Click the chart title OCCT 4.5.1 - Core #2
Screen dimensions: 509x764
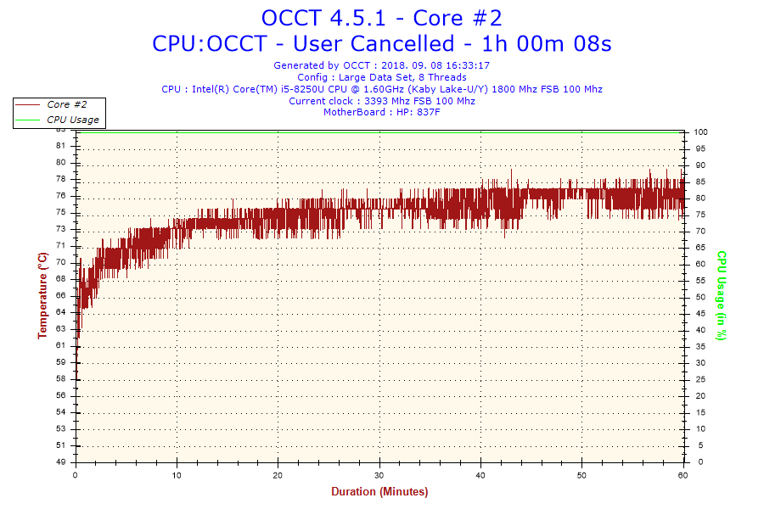click(381, 18)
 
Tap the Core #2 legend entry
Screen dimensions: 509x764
click(66, 104)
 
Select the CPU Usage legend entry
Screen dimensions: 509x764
click(72, 120)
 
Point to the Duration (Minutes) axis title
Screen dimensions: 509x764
click(379, 491)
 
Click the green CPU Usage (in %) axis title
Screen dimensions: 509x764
click(721, 295)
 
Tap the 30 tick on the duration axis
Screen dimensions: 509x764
click(379, 474)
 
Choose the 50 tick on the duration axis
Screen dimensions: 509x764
click(581, 474)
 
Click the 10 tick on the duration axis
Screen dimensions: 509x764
click(177, 474)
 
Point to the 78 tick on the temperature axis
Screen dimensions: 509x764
click(60, 179)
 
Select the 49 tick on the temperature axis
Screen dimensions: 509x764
click(60, 462)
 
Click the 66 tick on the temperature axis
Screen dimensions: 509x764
click(60, 295)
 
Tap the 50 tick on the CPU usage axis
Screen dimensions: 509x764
click(699, 297)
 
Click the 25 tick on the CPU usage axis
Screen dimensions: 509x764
click(699, 379)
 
